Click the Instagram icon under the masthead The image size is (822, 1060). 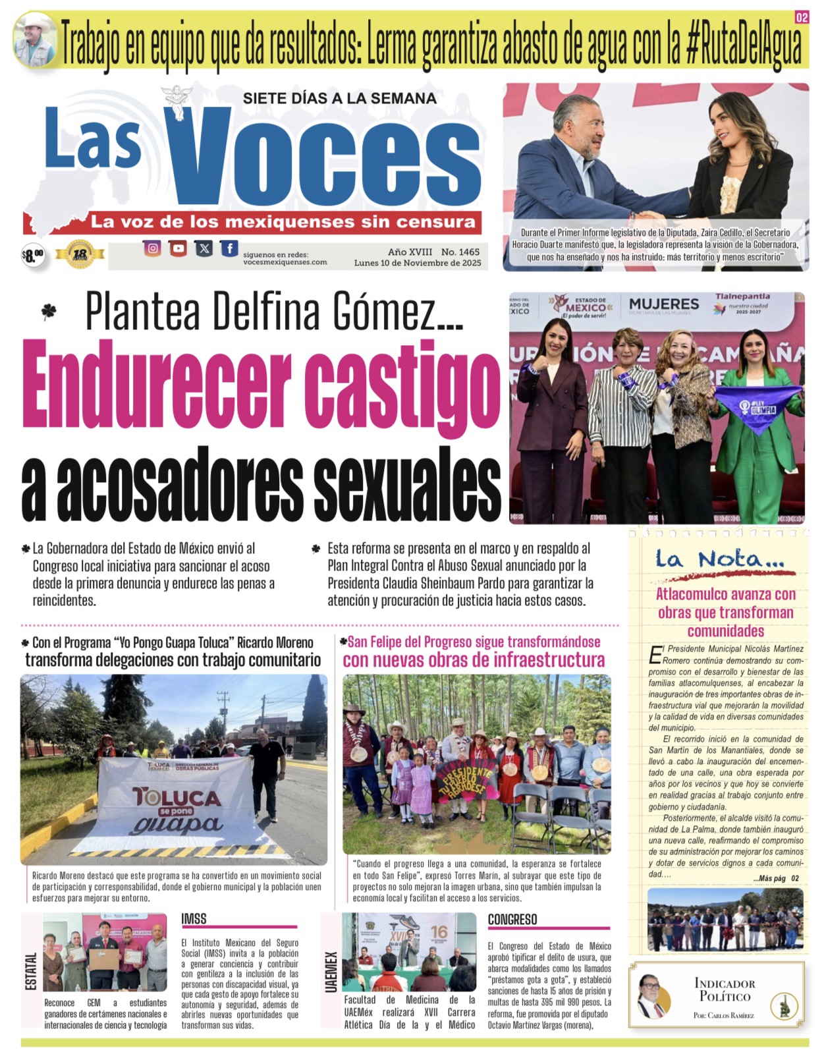point(152,248)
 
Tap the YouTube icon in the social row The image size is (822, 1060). point(178,248)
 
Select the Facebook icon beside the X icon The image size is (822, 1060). point(229,248)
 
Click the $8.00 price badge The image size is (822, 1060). point(32,255)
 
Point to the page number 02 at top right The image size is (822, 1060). point(801,18)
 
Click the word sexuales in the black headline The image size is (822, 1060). point(406,484)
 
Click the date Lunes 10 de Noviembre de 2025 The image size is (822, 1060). point(418,263)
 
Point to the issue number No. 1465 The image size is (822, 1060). point(460,252)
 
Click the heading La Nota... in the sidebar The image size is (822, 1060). point(719,559)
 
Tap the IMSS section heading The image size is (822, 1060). point(194,918)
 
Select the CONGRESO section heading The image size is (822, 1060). point(512,919)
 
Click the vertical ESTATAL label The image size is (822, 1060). point(31,970)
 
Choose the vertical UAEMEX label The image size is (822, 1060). point(331,971)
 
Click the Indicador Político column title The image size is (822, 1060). point(725,990)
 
